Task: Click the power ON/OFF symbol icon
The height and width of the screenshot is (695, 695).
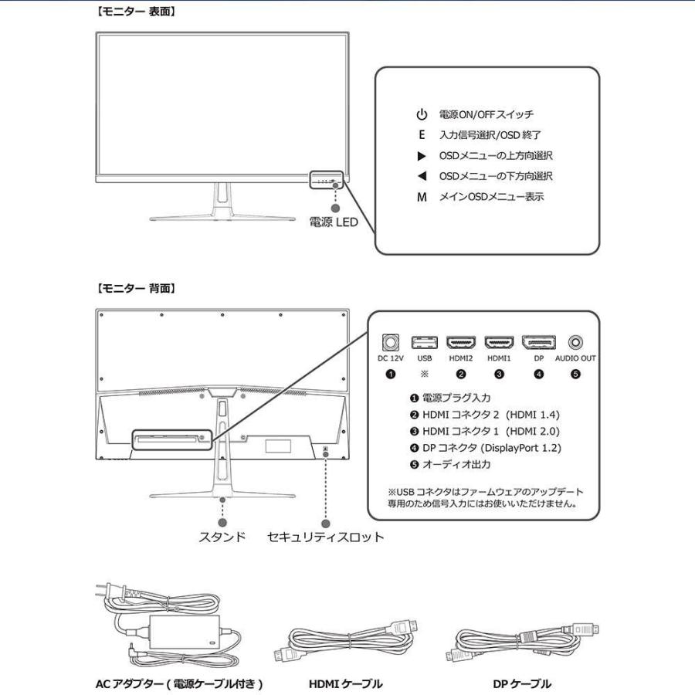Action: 422,114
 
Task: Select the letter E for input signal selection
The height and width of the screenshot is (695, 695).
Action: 422,135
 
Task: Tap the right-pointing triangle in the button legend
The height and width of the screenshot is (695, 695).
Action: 422,156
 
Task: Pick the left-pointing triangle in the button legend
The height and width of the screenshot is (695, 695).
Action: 422,177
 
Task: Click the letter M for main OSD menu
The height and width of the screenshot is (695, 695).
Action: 422,198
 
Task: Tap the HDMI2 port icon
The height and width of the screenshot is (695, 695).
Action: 461,341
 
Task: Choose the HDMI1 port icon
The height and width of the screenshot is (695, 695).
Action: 499,341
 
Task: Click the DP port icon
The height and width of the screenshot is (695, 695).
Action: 538,341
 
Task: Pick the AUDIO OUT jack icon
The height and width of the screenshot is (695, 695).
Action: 575,341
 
